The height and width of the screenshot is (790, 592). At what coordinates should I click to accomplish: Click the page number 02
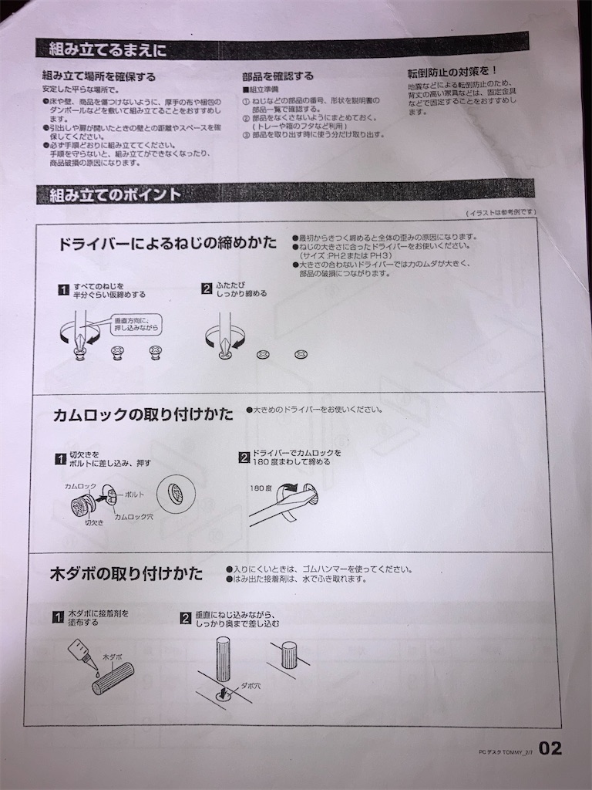(550, 748)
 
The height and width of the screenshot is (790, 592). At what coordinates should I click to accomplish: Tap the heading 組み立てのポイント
(109, 194)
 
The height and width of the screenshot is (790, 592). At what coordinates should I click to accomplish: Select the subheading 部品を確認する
(277, 76)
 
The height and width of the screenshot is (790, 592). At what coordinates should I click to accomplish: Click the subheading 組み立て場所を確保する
(99, 76)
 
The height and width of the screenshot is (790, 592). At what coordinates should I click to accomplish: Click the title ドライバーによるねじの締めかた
(167, 243)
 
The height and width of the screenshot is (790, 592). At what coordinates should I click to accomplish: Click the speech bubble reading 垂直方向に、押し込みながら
(138, 324)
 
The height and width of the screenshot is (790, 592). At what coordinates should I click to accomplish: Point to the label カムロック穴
(134, 516)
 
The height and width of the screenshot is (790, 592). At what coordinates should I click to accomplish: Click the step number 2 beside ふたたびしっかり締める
(207, 289)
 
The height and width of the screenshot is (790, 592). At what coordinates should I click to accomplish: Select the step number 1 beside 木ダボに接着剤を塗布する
(59, 618)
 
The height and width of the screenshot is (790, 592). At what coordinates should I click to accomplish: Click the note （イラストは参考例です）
(500, 212)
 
